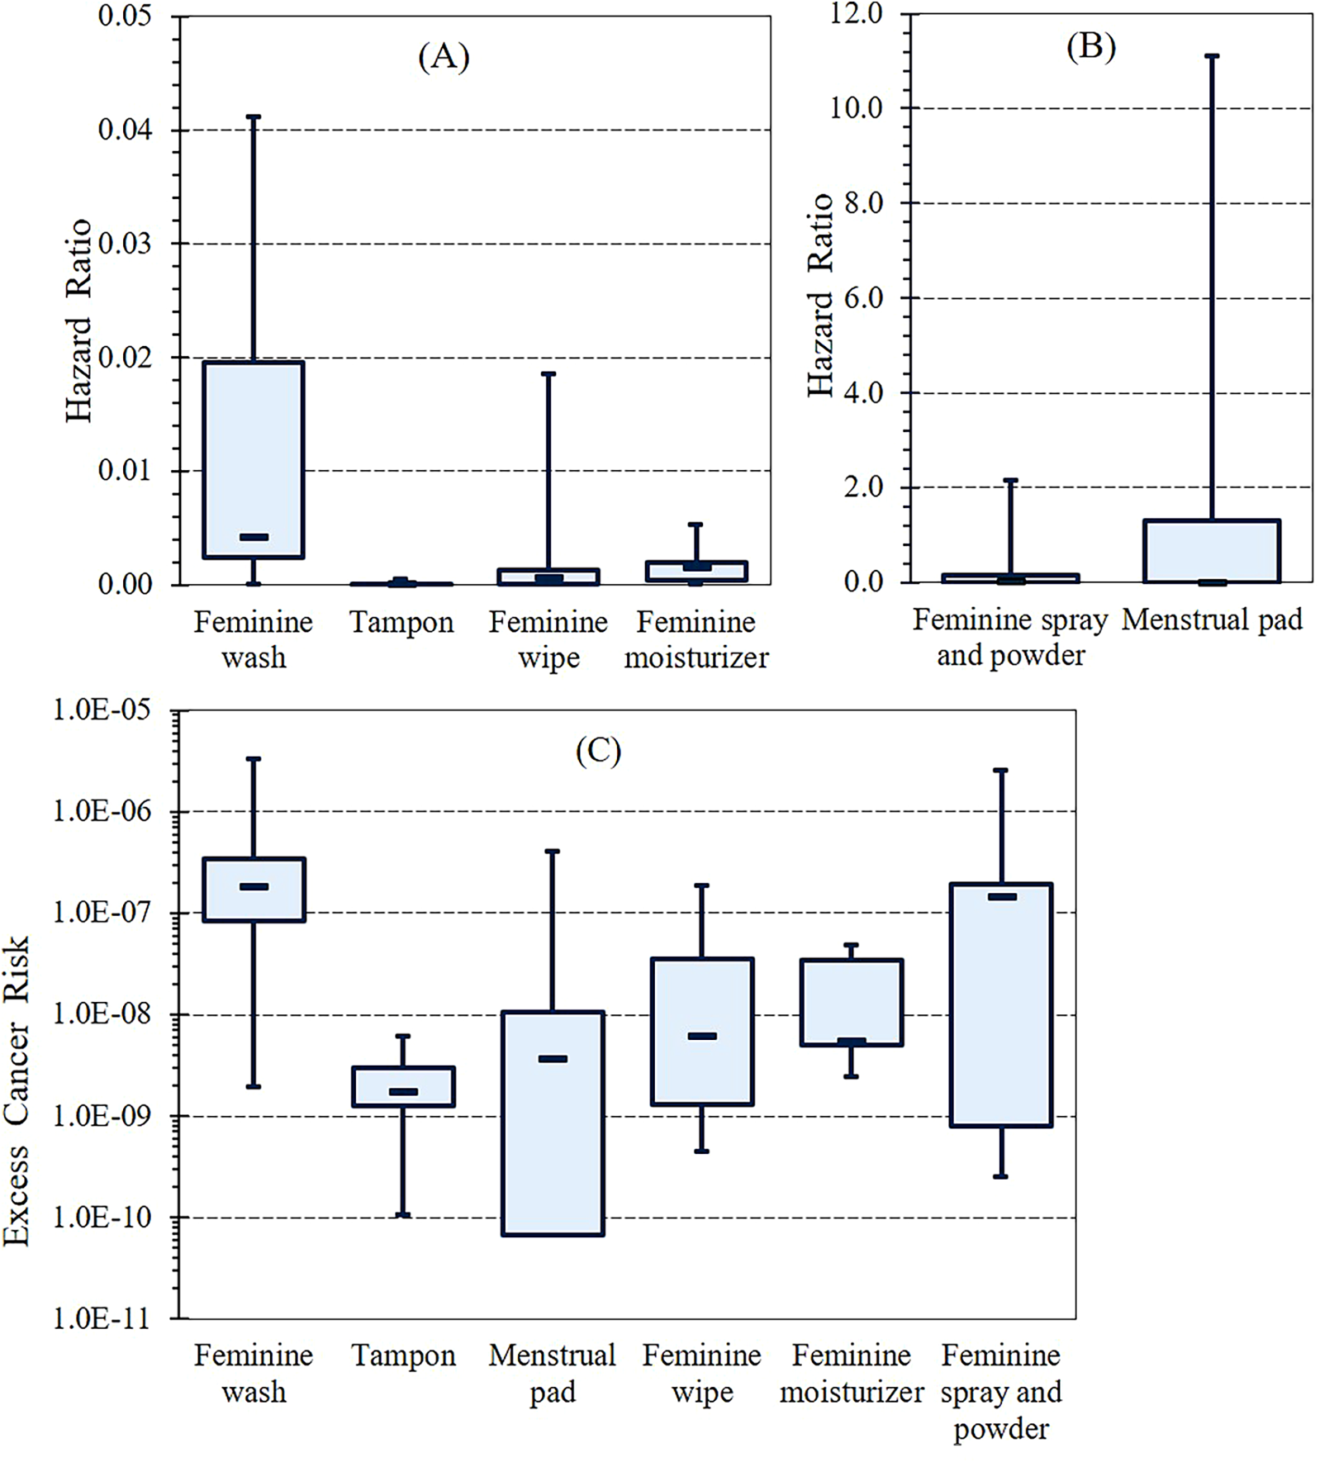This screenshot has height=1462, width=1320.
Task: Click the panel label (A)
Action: coord(444,57)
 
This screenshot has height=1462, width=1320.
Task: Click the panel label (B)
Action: coord(1090,47)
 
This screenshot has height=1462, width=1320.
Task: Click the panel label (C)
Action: coord(598,750)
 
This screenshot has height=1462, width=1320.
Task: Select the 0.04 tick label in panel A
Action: coord(125,130)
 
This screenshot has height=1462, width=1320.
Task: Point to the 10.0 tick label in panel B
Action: coord(856,108)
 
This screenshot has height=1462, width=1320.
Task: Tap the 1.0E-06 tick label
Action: coord(102,811)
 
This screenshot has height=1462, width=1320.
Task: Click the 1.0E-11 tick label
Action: coord(102,1318)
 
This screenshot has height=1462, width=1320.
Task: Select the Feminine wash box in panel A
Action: coord(254,459)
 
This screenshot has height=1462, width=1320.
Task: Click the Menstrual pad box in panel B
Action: coord(1212,550)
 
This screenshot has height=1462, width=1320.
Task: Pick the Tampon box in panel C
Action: coord(403,1086)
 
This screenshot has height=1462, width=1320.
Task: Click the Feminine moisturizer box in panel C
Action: coord(852,1002)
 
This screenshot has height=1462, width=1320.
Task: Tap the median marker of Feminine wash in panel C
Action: coord(254,886)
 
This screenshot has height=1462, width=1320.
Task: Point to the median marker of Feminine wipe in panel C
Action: coord(702,1036)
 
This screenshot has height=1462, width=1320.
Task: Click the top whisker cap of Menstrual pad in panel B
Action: coord(1212,56)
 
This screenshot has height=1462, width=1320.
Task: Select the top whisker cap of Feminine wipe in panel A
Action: coord(548,374)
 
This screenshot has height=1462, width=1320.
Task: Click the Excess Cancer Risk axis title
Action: coord(17,1090)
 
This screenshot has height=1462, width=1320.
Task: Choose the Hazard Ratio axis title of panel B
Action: coord(820,295)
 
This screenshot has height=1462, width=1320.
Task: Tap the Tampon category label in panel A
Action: coord(401,622)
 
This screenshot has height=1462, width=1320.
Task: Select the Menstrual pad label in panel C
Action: coord(553,1374)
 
